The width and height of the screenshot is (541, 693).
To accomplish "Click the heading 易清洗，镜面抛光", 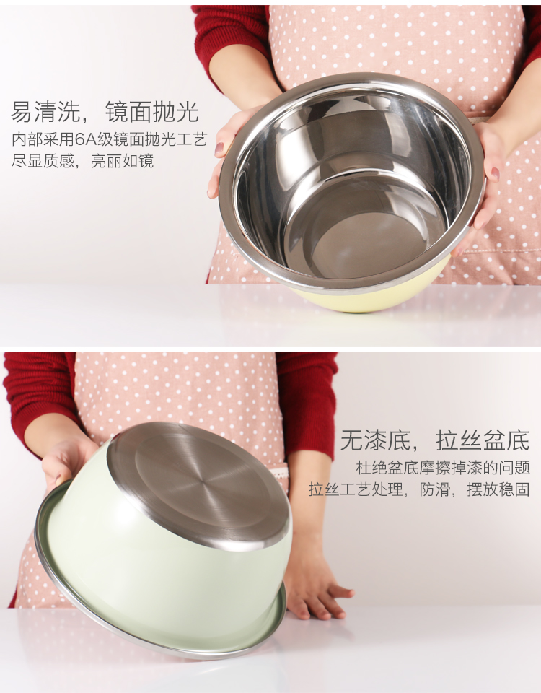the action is click(105, 111).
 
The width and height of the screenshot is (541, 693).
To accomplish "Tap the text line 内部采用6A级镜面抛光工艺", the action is click(109, 139).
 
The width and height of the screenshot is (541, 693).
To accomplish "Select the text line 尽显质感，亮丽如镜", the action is click(82, 161).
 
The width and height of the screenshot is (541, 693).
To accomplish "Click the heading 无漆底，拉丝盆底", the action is click(434, 440).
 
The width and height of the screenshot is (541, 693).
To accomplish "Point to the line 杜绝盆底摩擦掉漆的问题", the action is click(443, 468).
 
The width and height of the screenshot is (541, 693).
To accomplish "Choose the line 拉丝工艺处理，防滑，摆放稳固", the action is click(419, 489).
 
